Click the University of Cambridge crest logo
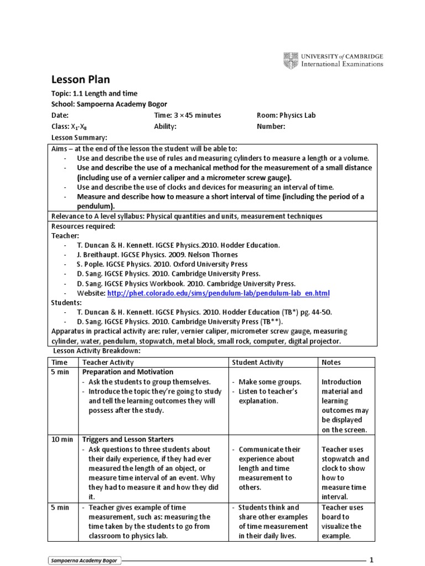(x=291, y=60)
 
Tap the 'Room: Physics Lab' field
(x=286, y=116)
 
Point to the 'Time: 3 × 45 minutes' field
(x=187, y=116)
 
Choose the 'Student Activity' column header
(x=257, y=363)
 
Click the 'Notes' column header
(x=331, y=363)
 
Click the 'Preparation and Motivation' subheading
(x=128, y=372)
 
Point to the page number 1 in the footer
(x=372, y=559)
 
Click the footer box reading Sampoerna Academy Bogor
(x=85, y=560)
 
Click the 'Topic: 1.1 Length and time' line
(x=94, y=93)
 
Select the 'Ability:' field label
(x=165, y=127)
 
